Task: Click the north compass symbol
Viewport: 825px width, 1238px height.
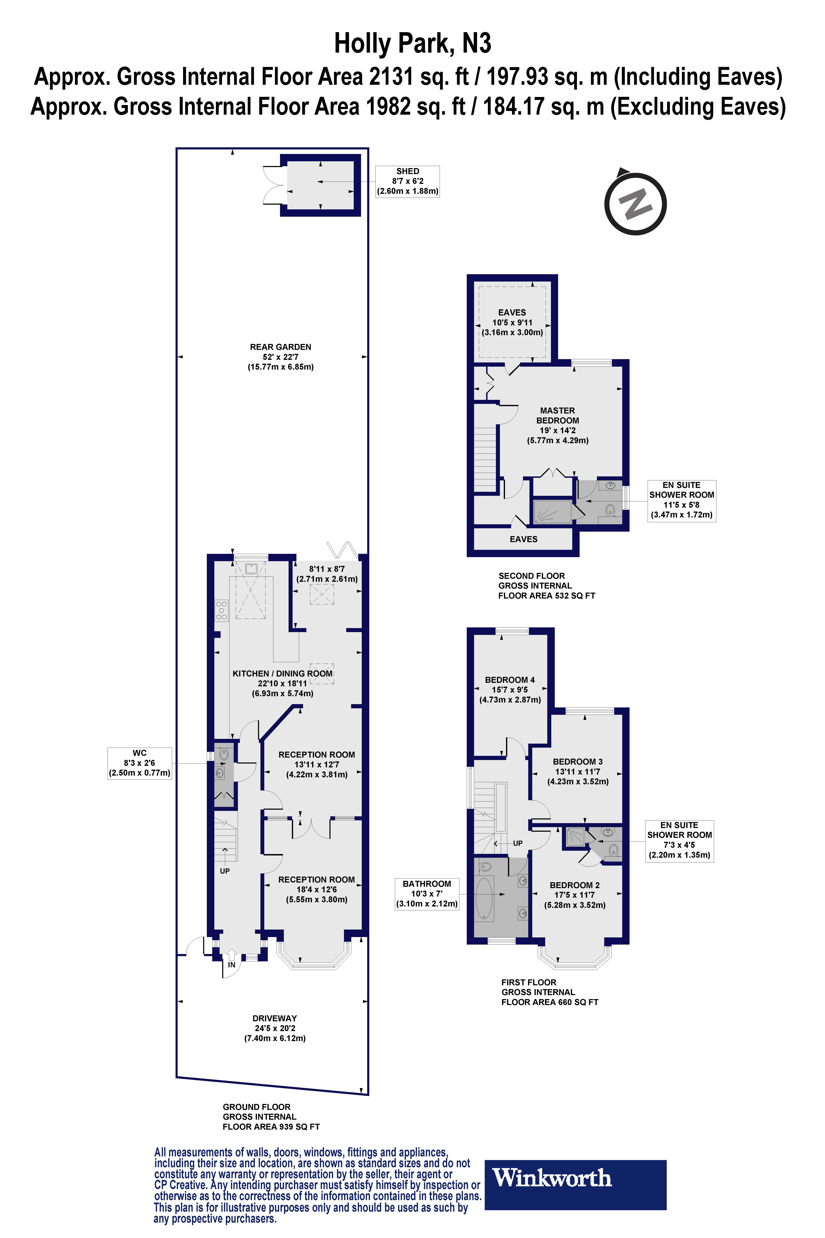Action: click(635, 203)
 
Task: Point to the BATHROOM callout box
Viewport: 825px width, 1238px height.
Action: click(427, 894)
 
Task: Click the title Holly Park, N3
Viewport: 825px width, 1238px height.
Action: click(413, 44)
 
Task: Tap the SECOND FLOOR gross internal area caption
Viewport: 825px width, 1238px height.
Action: click(546, 585)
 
